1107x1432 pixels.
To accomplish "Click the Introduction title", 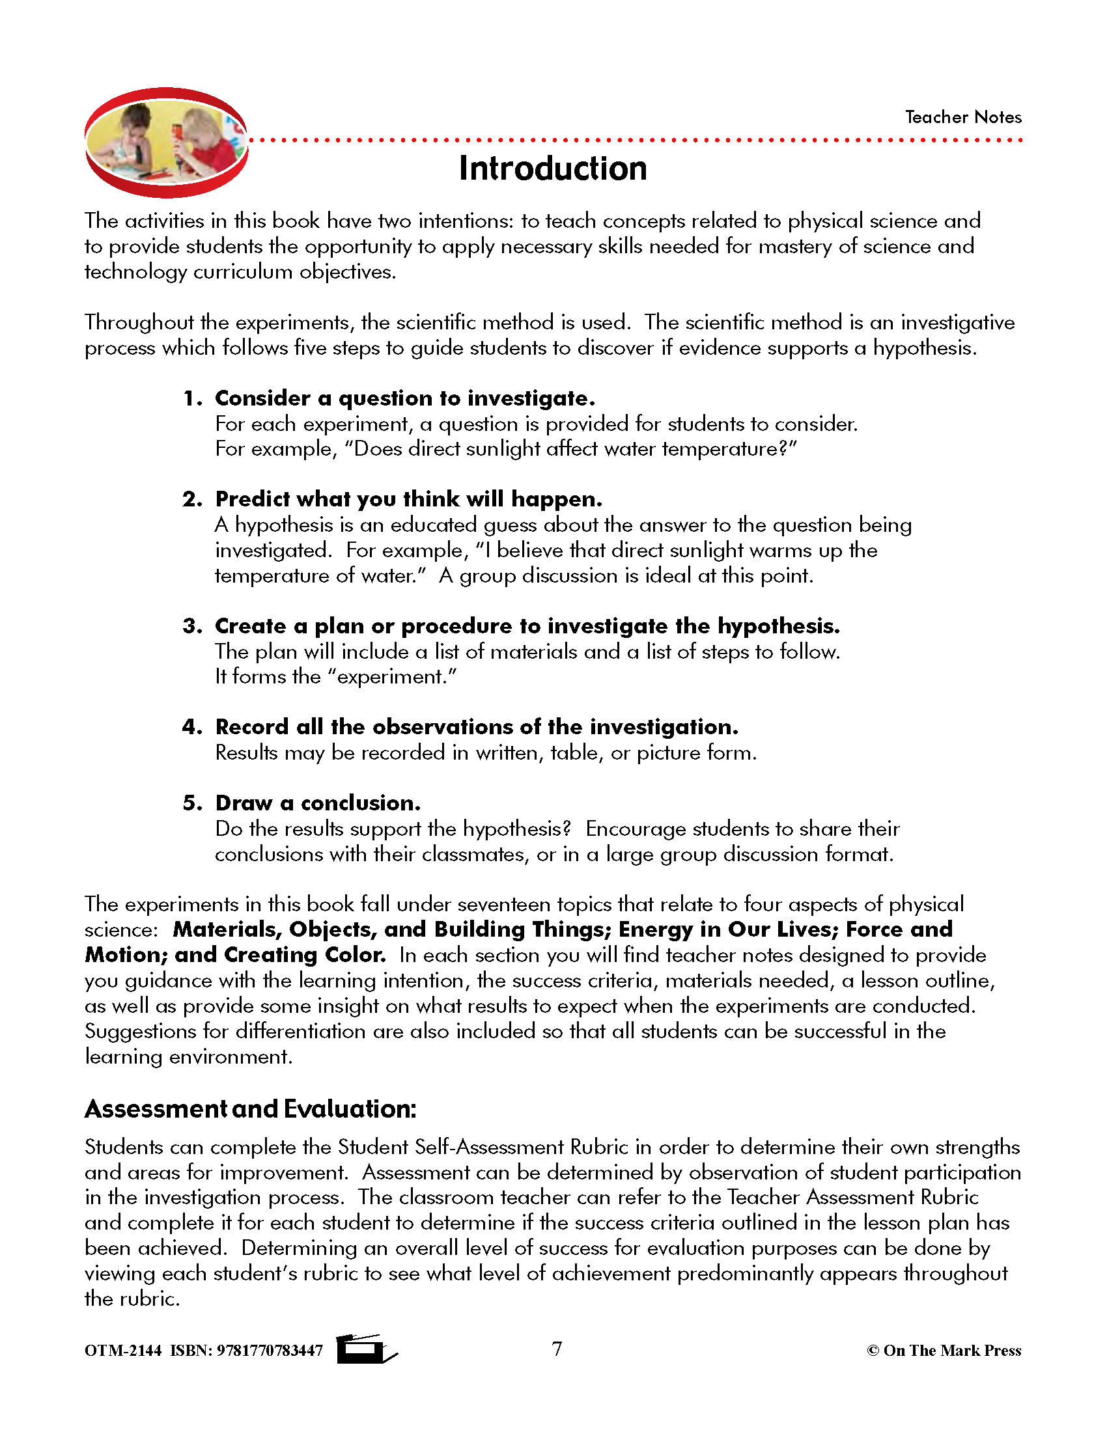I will coord(553,169).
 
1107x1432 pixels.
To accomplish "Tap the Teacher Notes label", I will coord(962,117).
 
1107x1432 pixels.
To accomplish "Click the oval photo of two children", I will coord(167,143).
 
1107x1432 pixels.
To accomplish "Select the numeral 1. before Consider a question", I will coord(193,398).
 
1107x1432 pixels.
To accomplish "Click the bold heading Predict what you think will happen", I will coord(408,500).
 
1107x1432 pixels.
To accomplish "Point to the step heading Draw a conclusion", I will coord(318,803).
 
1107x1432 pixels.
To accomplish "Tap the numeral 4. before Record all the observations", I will coord(193,727).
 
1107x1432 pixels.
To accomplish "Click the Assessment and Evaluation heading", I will coord(251,1108).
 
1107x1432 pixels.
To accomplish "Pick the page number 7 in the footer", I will coord(557,1349).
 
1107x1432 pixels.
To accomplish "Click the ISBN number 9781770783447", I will coord(270,1351).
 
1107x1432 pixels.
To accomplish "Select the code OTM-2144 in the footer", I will coord(122,1351).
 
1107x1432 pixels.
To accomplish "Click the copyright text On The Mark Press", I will coord(951,1351).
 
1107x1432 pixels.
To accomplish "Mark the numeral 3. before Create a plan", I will coord(193,626).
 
